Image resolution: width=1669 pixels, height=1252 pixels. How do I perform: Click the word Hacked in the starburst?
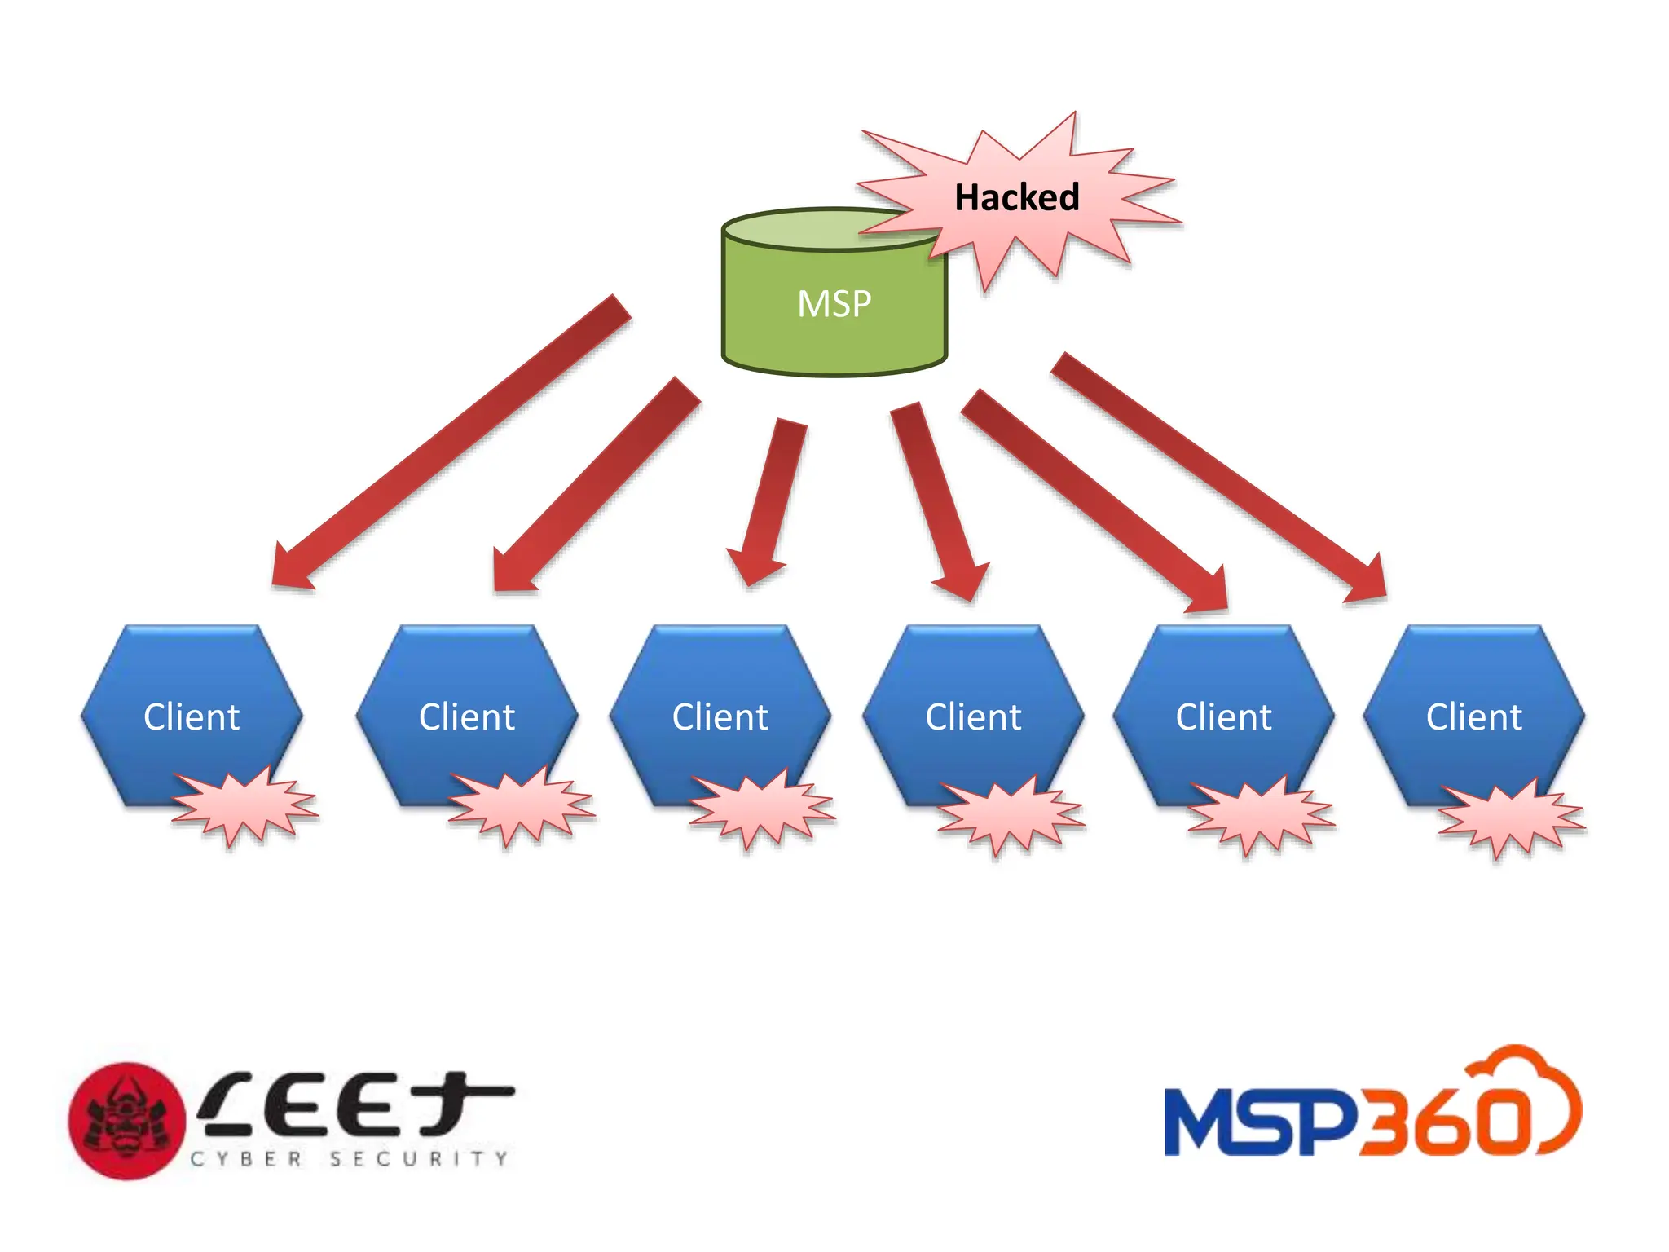1016,197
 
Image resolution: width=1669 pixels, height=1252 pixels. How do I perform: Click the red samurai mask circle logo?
126,1121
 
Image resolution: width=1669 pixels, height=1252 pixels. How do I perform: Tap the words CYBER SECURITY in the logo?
349,1158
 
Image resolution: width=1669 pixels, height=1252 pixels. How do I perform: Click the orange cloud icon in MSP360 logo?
1524,1092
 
